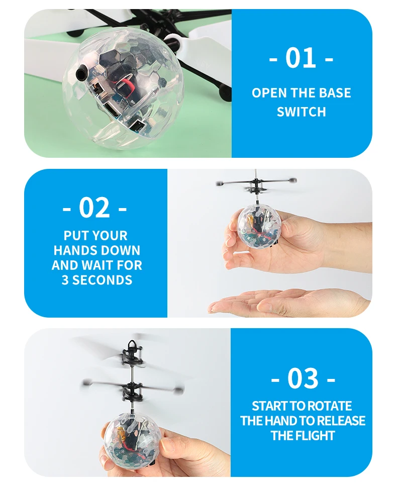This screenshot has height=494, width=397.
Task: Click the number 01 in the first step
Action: point(301,58)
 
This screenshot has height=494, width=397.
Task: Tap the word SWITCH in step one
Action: point(301,112)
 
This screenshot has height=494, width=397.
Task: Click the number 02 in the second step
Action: point(94,207)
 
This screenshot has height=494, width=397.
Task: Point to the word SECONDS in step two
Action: point(103,280)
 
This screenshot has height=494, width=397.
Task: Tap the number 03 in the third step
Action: point(303,378)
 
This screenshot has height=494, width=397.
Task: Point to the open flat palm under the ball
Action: point(281,302)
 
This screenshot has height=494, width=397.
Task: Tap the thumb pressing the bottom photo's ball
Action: point(171,444)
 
